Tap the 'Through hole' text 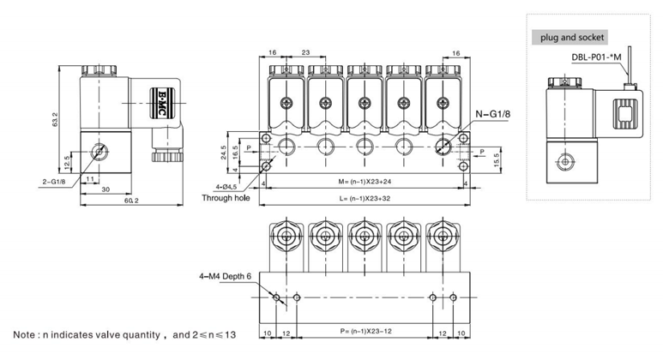click(x=226, y=197)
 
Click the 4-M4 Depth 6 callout click(x=225, y=276)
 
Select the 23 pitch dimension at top click(x=306, y=52)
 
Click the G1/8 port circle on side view click(x=101, y=152)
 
